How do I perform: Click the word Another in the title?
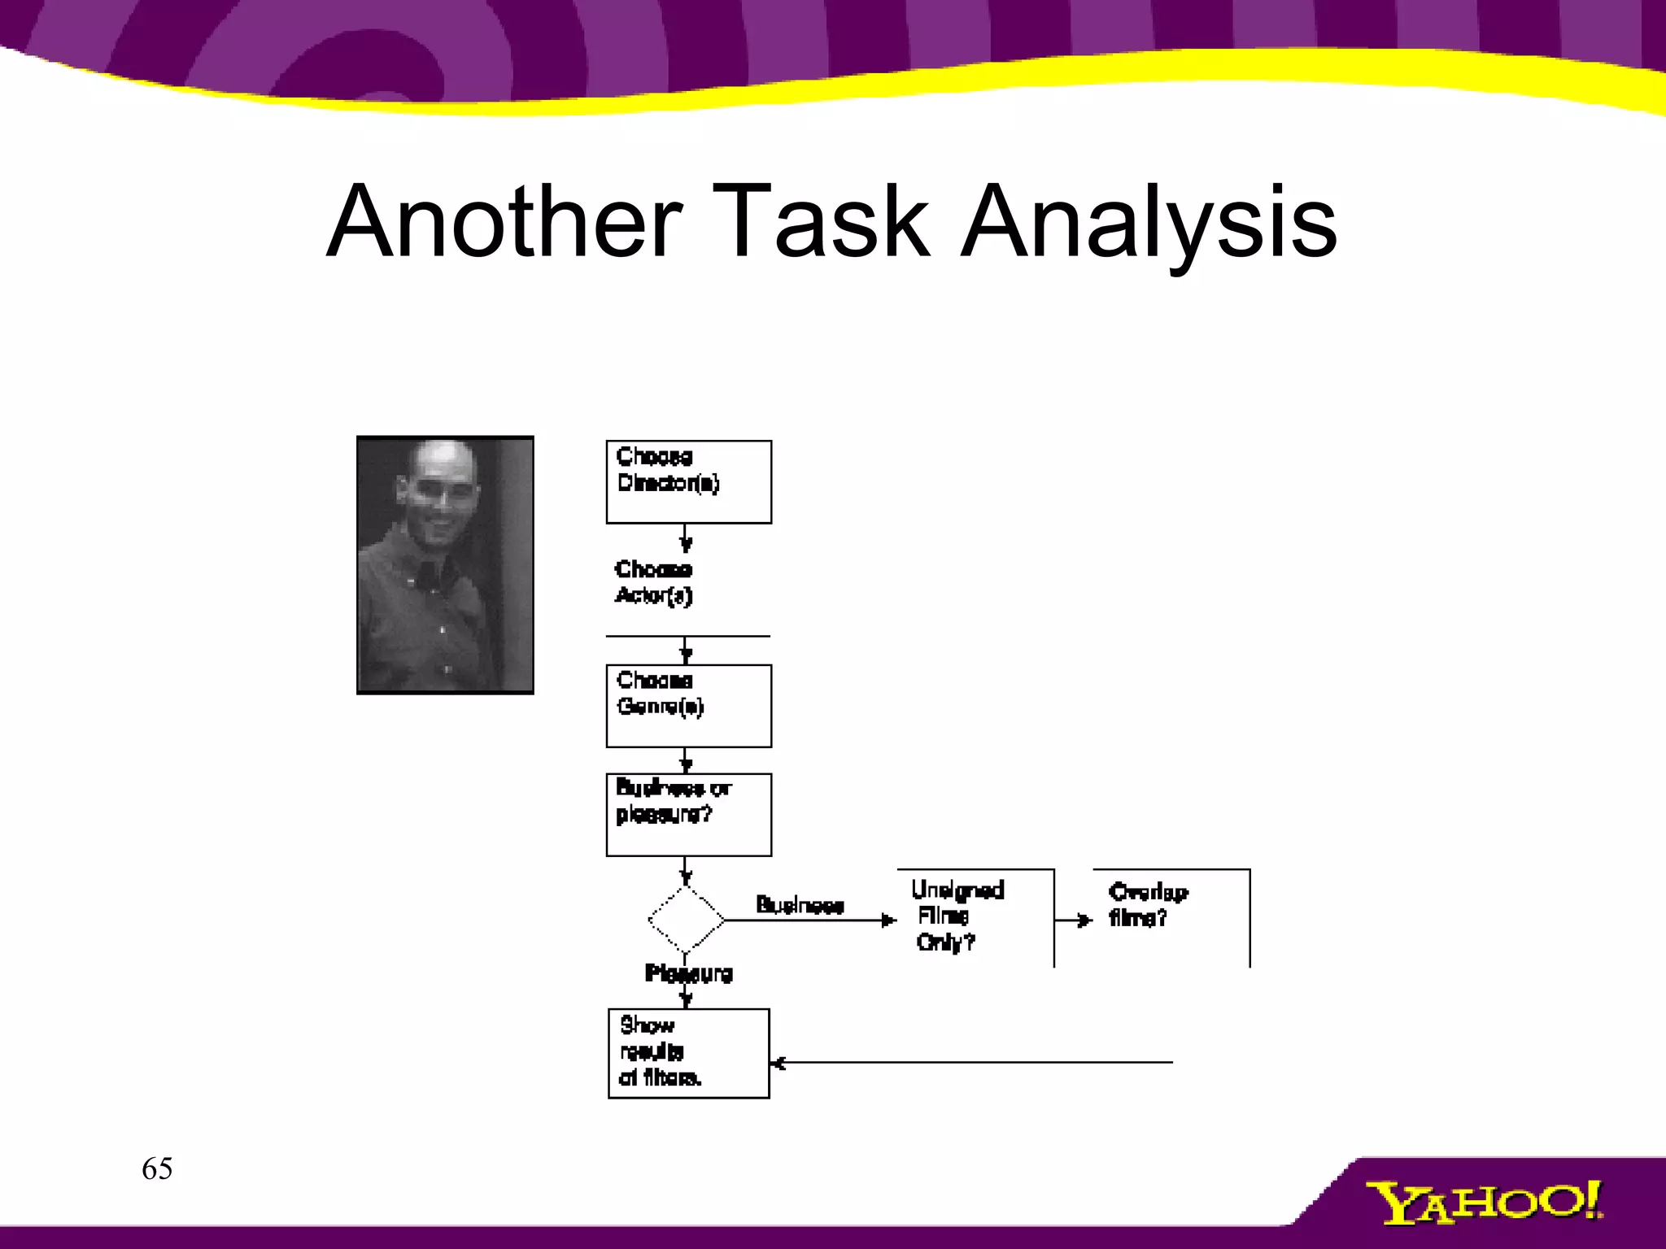click(x=504, y=221)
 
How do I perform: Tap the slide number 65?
click(x=157, y=1169)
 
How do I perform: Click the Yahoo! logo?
click(x=1484, y=1203)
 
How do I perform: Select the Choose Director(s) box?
click(x=688, y=482)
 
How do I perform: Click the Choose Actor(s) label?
click(x=653, y=582)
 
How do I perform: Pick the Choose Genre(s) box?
click(x=688, y=706)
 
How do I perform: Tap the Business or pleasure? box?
click(x=688, y=814)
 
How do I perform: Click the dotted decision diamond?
click(x=686, y=920)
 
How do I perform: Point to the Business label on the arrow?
click(x=800, y=905)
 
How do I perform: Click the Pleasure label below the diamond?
click(x=689, y=973)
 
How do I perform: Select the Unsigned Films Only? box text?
click(x=957, y=916)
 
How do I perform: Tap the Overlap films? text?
click(x=1147, y=904)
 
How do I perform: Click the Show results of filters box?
click(x=688, y=1053)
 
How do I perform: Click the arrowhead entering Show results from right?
click(x=778, y=1063)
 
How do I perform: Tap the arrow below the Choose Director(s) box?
click(x=686, y=539)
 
